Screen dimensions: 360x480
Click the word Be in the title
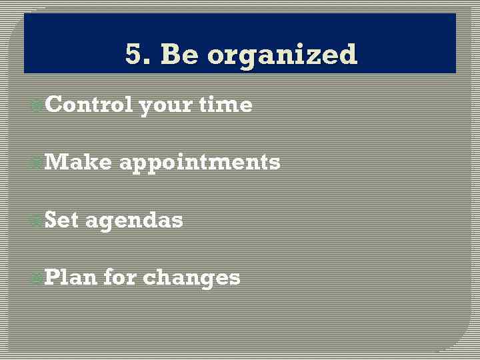coord(179,54)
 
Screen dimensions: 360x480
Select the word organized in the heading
coord(283,55)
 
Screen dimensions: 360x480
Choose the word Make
coord(78,162)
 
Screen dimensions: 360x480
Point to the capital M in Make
coord(55,162)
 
